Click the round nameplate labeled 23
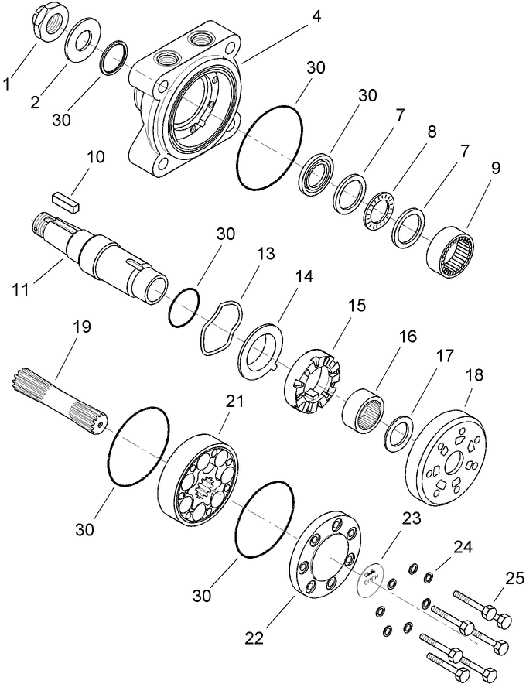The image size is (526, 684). pyautogui.click(x=371, y=577)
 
